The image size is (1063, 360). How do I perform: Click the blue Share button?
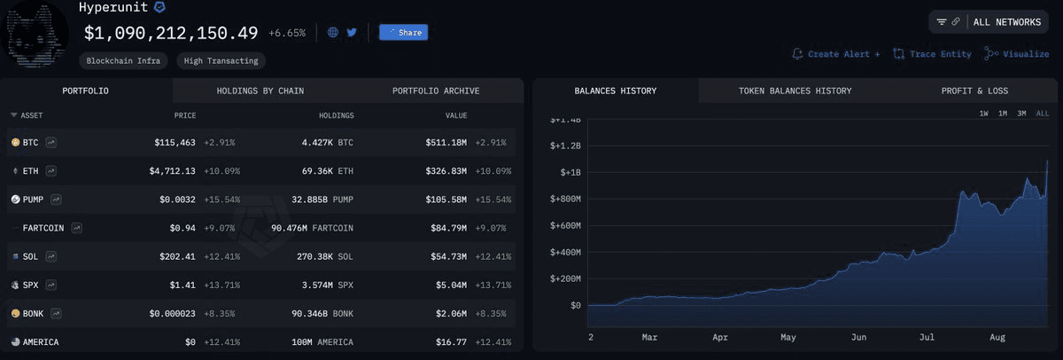[x=403, y=33]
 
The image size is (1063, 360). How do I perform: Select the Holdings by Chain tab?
[x=260, y=90]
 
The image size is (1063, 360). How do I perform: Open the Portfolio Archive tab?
[x=436, y=90]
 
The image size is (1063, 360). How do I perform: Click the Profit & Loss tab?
[x=974, y=90]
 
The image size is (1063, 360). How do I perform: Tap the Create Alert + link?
[x=836, y=54]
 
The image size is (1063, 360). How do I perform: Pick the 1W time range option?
[x=984, y=113]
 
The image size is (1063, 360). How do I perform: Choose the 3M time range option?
[x=1021, y=113]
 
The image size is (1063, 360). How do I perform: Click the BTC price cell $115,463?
[x=176, y=142]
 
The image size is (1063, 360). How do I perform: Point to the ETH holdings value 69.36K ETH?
[x=327, y=170]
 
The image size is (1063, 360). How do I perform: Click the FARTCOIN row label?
[x=43, y=228]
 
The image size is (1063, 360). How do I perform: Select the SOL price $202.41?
[x=176, y=256]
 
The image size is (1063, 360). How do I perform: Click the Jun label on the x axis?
[x=858, y=338]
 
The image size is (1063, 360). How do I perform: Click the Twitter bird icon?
[x=352, y=33]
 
